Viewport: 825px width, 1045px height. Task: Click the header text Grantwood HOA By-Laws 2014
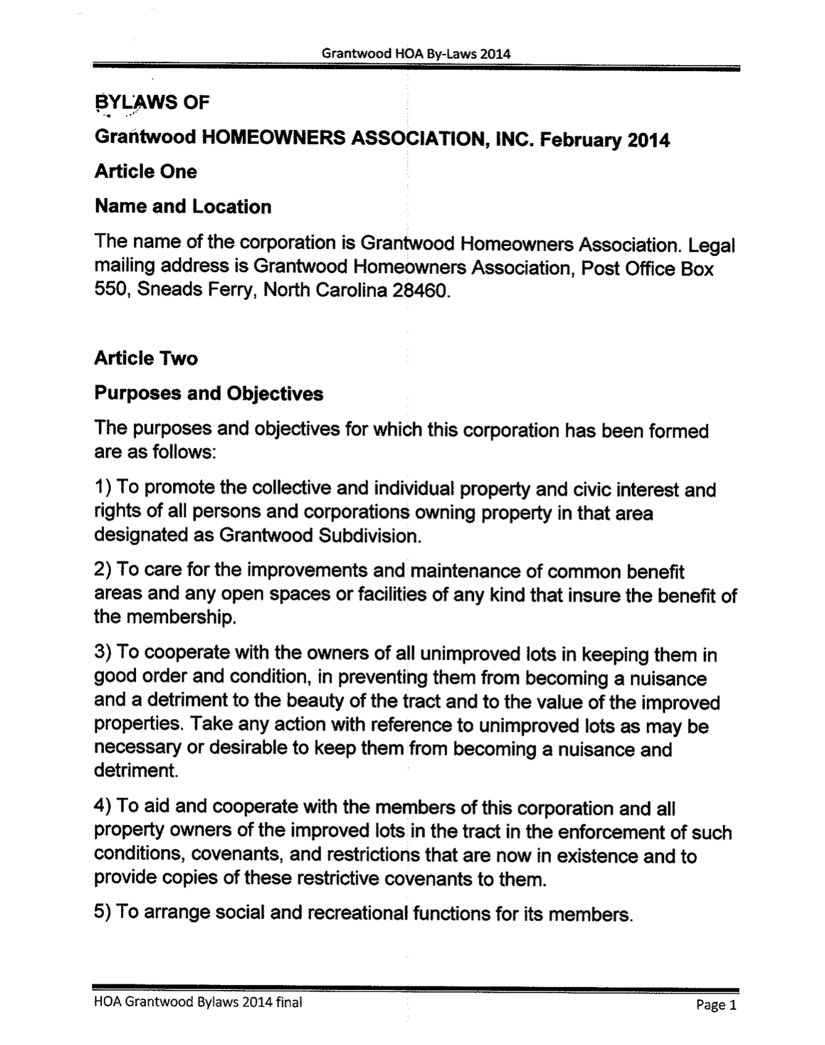[416, 53]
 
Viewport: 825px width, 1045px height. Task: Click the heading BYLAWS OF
[152, 102]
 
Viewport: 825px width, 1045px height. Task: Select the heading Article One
[146, 171]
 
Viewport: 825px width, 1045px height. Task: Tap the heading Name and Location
[183, 207]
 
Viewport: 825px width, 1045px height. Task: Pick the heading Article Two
[146, 358]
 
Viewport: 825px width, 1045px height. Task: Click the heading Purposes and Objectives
[208, 393]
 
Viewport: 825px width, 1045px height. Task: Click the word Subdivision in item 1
[369, 535]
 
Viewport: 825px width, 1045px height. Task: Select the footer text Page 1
[716, 1005]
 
